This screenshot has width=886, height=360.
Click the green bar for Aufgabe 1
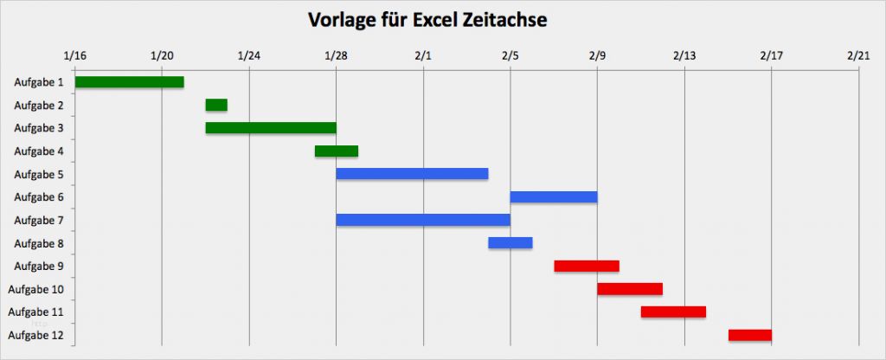point(129,82)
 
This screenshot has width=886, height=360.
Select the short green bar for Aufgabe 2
point(216,105)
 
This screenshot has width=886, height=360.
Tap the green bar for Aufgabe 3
point(271,128)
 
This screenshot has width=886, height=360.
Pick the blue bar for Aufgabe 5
point(412,174)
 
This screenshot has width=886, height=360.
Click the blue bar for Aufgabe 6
point(554,197)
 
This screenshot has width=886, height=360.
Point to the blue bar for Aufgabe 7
point(423,220)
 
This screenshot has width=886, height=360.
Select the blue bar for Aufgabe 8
point(510,243)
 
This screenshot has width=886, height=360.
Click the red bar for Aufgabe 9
point(587,266)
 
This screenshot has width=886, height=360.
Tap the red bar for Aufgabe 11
point(673,312)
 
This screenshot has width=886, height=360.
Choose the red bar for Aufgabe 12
point(749,335)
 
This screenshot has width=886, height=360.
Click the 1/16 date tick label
point(75,56)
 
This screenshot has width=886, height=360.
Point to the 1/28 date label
point(336,56)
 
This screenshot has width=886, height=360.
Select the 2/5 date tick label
point(510,56)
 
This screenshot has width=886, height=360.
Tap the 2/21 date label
point(858,56)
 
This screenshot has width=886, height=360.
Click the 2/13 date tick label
point(684,56)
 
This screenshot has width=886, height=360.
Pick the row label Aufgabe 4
point(39,151)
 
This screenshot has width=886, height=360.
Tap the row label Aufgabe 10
point(35,289)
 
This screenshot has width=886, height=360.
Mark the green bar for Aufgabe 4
point(337,151)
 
